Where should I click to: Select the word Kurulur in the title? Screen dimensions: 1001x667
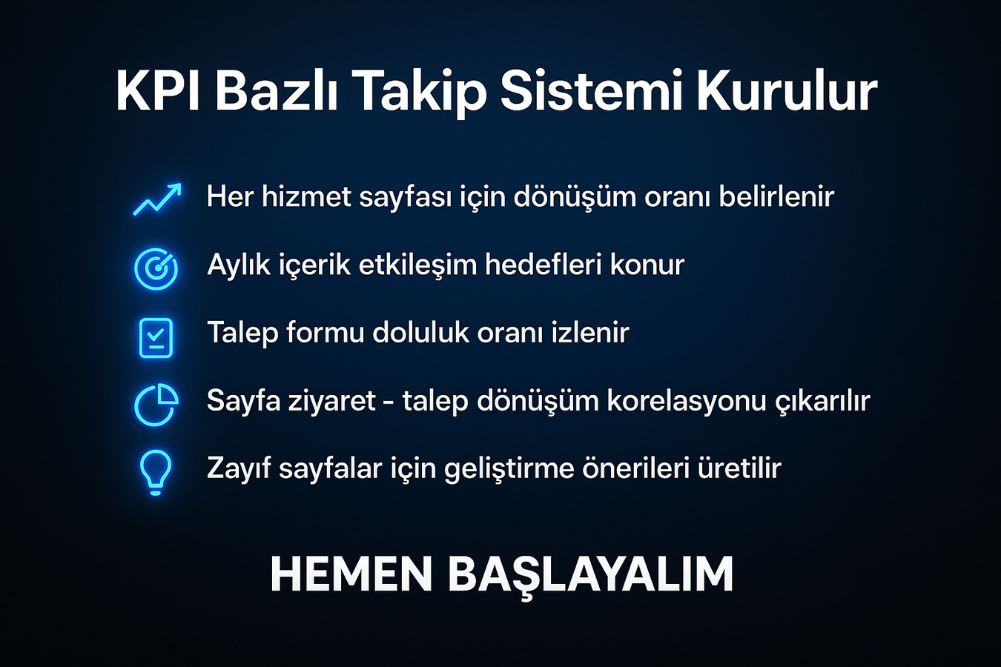point(787,92)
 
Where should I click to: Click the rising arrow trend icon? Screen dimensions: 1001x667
point(157,199)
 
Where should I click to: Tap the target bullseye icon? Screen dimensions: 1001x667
point(156,269)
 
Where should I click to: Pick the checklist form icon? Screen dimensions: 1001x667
point(156,338)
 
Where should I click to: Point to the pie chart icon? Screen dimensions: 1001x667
point(156,405)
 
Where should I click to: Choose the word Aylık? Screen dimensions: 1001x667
point(239,265)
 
